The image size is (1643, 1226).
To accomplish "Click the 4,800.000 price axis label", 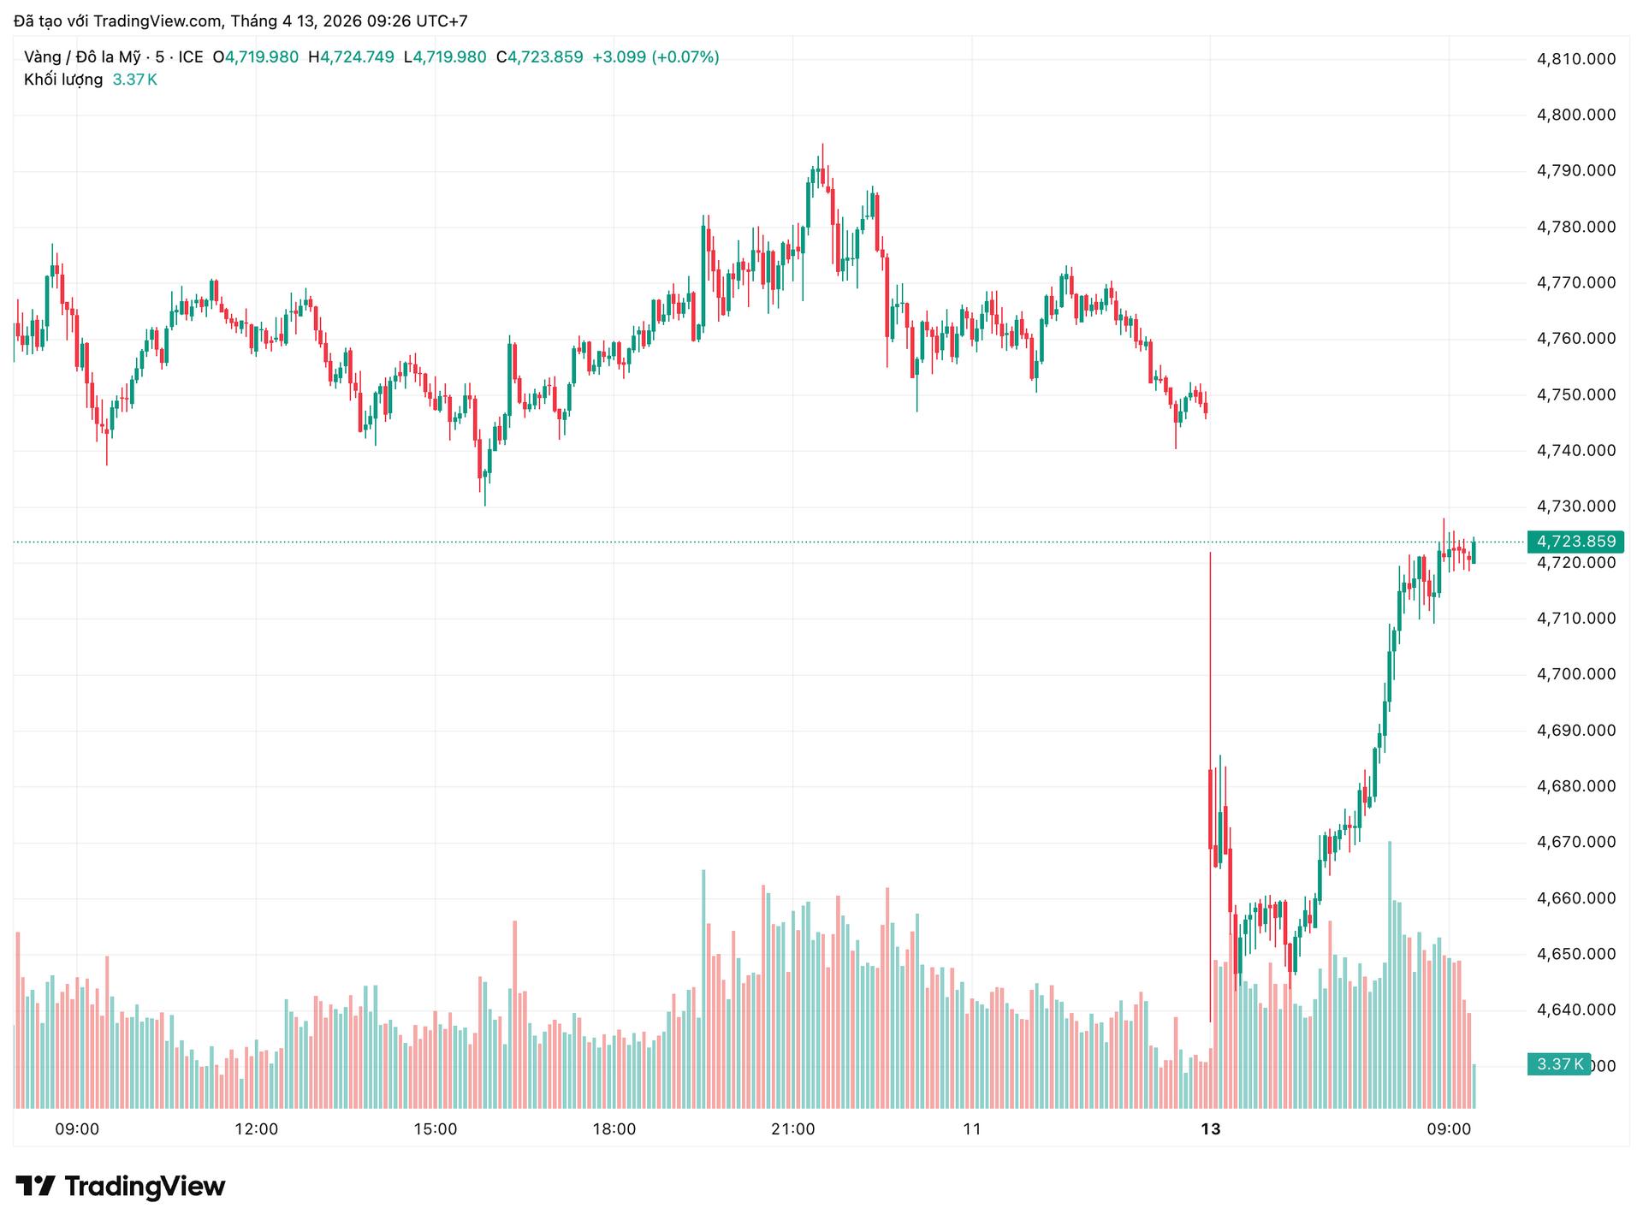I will point(1576,115).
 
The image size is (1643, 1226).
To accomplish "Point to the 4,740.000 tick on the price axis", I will point(1576,451).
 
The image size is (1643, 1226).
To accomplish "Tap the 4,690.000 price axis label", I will point(1576,731).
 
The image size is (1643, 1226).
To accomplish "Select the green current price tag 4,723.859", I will point(1575,542).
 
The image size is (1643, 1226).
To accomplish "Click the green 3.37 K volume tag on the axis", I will point(1558,1064).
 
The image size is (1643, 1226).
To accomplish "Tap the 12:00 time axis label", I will point(256,1129).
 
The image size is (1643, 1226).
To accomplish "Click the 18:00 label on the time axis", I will point(614,1129).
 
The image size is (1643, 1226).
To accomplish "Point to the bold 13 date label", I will point(1210,1129).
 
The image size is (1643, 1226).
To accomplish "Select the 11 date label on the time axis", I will point(972,1129).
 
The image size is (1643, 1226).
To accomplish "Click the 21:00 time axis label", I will point(793,1129).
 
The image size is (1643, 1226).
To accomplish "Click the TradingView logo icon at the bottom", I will point(36,1186).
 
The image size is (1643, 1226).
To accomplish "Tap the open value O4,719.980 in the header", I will point(256,57).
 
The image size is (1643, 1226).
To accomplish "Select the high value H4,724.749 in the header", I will point(351,57).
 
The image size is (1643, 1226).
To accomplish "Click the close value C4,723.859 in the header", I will point(540,57).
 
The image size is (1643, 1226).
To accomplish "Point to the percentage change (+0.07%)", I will point(685,57).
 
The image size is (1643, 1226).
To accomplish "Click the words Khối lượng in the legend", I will point(63,80).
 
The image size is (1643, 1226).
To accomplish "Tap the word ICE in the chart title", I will point(191,57).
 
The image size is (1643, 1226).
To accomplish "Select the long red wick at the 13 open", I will point(1210,667).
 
